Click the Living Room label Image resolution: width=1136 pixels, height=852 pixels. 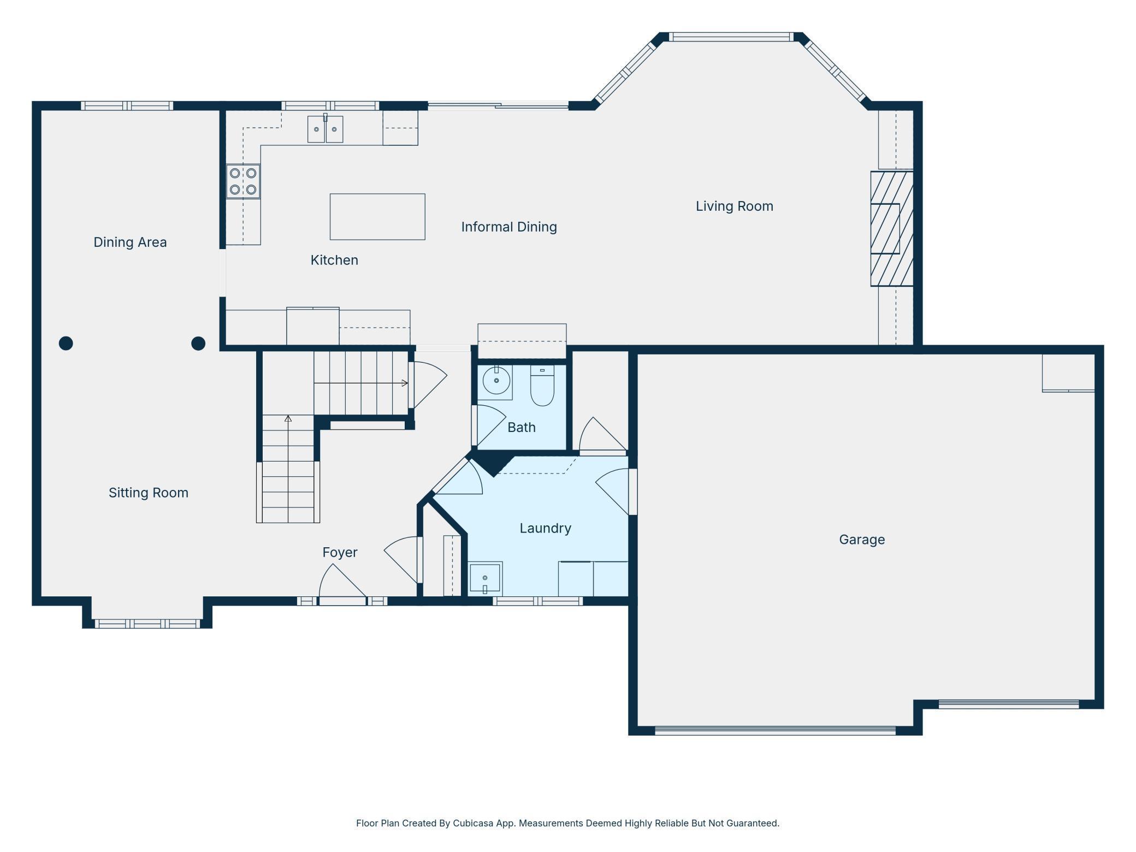734,206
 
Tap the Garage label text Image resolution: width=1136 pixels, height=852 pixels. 861,540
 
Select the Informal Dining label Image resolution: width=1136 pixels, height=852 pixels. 508,227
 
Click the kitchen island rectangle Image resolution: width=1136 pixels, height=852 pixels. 377,217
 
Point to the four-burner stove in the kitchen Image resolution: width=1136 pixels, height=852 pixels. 243,181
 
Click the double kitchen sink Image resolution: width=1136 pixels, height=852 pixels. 325,129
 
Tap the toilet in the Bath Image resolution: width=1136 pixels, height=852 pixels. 542,386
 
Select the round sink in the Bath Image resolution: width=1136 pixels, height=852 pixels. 496,381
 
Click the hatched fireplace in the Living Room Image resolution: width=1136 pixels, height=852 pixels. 891,229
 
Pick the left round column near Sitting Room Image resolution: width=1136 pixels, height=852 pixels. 66,343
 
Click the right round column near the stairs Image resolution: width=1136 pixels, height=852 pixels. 198,343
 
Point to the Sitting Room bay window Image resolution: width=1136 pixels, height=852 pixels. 147,624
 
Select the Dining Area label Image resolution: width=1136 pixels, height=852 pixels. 130,242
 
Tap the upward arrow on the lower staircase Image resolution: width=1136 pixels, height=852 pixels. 288,419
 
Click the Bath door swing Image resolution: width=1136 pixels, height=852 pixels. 489,425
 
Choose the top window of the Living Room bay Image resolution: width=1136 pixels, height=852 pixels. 731,37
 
